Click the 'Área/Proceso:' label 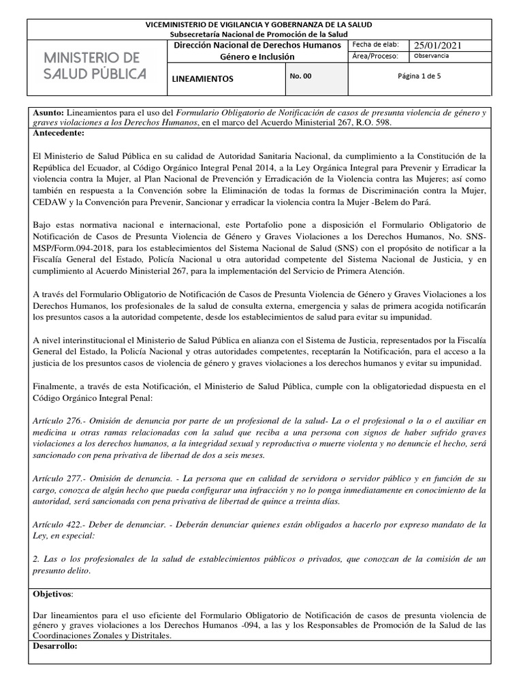pos(377,57)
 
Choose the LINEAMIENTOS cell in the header pos(202,78)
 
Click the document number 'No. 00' pos(300,76)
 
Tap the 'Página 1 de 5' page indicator pos(419,76)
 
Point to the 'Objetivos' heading pos(54,594)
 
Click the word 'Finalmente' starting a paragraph pos(57,386)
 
